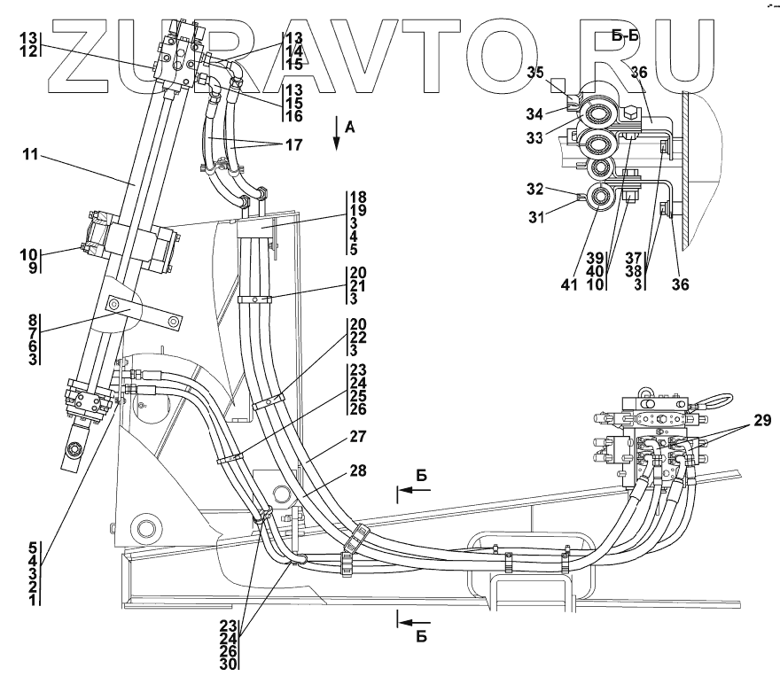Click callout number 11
pos(30,154)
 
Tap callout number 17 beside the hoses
pos(294,144)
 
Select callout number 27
pos(358,437)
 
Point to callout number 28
pos(358,470)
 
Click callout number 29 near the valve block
pos(762,421)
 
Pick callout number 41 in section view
pos(569,284)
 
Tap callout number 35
pos(535,73)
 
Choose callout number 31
pos(536,217)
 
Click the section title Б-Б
pos(626,35)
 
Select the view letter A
pos(350,128)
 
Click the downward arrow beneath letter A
pos(336,133)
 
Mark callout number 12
pos(29,51)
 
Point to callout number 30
pos(229,665)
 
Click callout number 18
pos(358,197)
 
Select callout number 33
pos(534,137)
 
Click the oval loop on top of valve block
pos(712,400)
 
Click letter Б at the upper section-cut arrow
pos(422,476)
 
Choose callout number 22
pos(358,337)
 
